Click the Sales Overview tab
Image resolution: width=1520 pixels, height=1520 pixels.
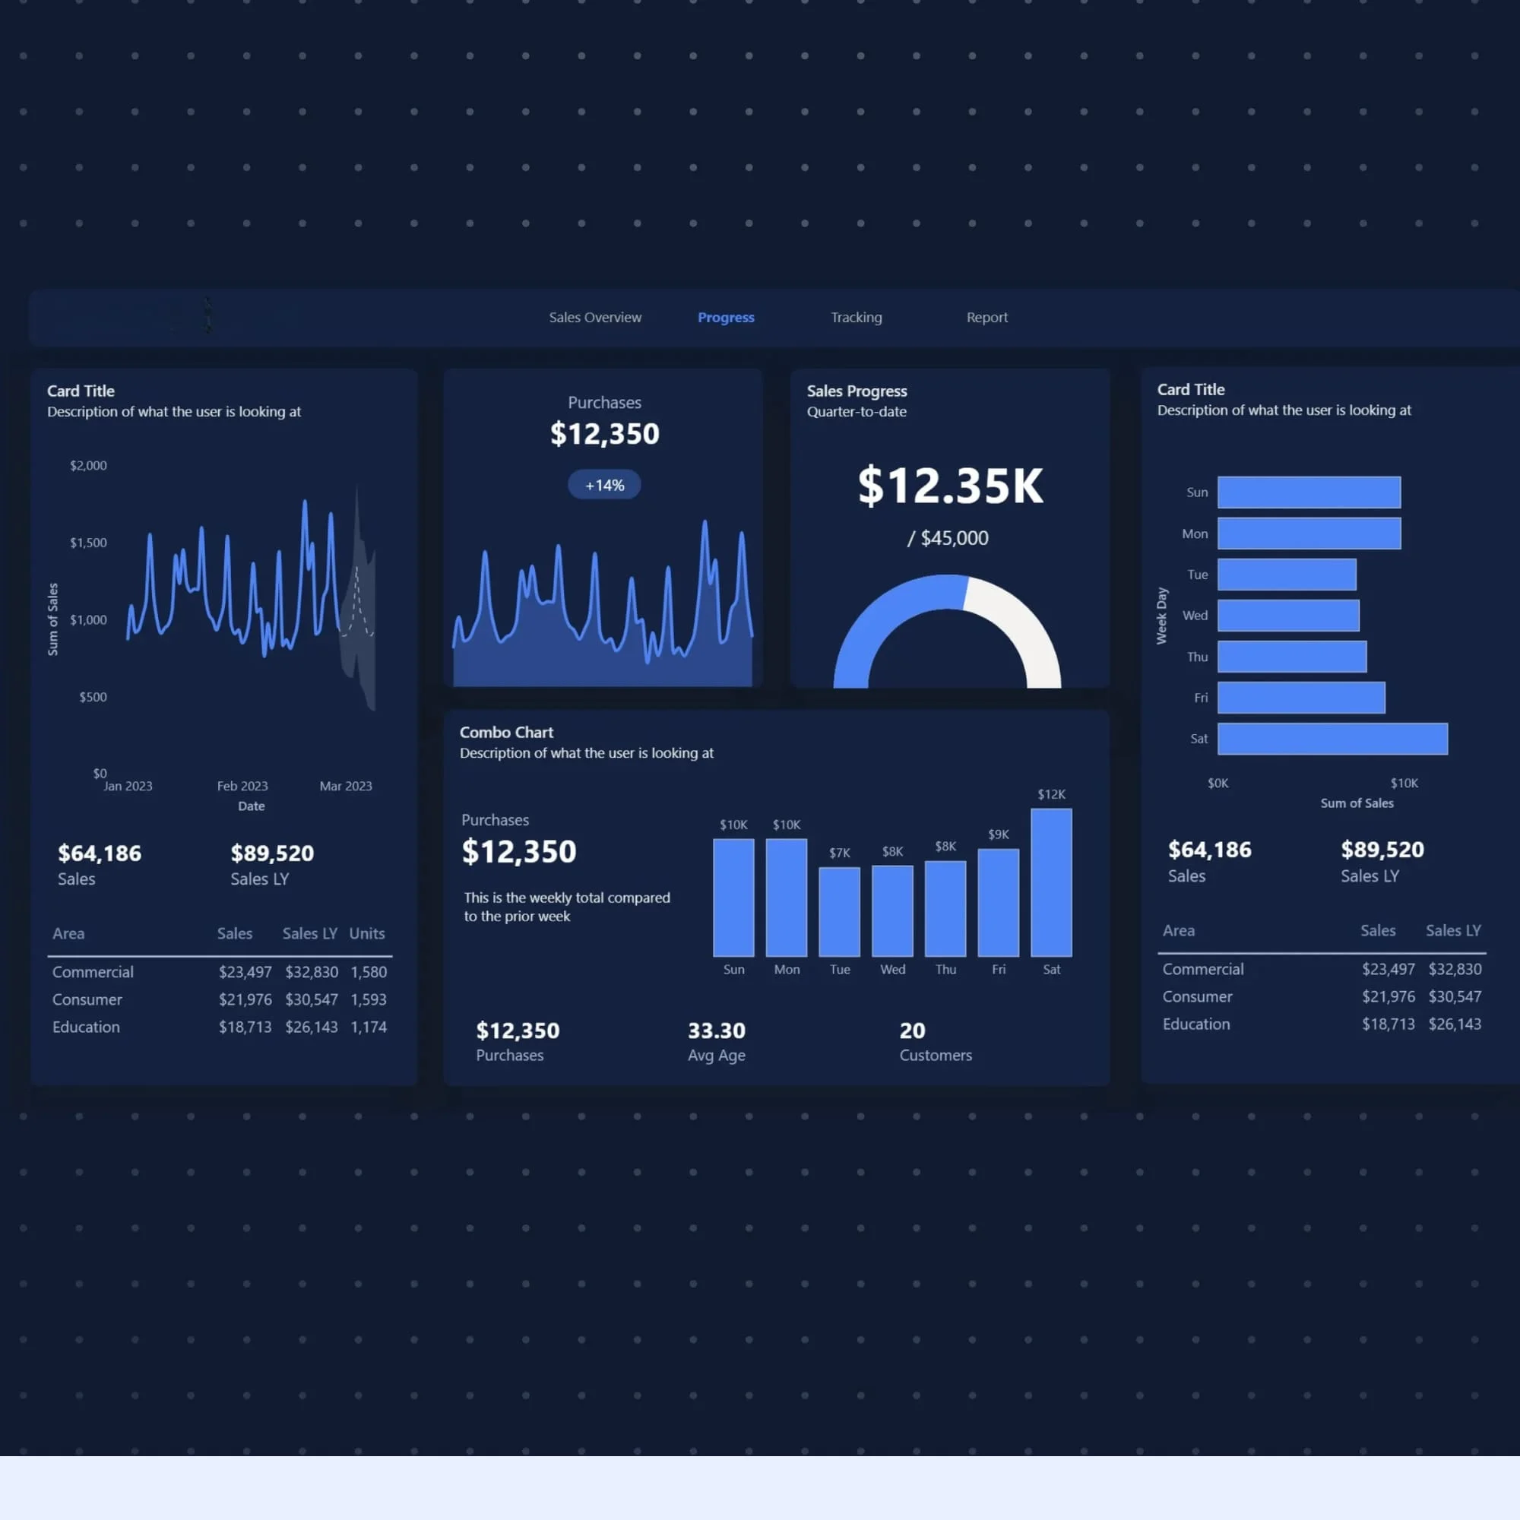pyautogui.click(x=595, y=317)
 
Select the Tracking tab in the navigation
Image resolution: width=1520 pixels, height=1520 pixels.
pyautogui.click(x=856, y=317)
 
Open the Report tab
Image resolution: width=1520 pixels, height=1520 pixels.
pyautogui.click(x=986, y=317)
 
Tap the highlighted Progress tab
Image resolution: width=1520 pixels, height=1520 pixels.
pyautogui.click(x=725, y=317)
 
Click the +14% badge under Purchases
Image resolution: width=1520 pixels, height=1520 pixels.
pyautogui.click(x=604, y=485)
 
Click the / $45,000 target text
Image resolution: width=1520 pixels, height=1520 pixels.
pyautogui.click(x=948, y=538)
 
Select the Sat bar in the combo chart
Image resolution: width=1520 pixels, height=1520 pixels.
pyautogui.click(x=1051, y=882)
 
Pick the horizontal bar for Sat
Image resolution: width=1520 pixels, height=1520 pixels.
pyautogui.click(x=1332, y=739)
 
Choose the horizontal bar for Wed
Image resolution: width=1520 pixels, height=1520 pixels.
pyautogui.click(x=1288, y=616)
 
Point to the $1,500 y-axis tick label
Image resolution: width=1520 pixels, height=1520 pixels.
pyautogui.click(x=88, y=543)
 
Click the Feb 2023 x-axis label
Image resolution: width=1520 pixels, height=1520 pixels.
pyautogui.click(x=242, y=786)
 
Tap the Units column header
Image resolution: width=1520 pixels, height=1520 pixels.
pyautogui.click(x=366, y=933)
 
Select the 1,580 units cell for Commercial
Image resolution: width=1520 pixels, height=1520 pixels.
pyautogui.click(x=368, y=971)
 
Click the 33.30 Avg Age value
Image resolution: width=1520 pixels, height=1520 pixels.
pyautogui.click(x=716, y=1030)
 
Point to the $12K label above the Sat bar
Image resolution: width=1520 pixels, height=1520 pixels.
pyautogui.click(x=1051, y=794)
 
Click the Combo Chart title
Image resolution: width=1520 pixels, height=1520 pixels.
pyautogui.click(x=506, y=732)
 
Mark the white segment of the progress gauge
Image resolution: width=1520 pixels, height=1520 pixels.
pyautogui.click(x=1023, y=625)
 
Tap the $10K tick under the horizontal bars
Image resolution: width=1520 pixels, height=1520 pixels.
pyautogui.click(x=1404, y=783)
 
